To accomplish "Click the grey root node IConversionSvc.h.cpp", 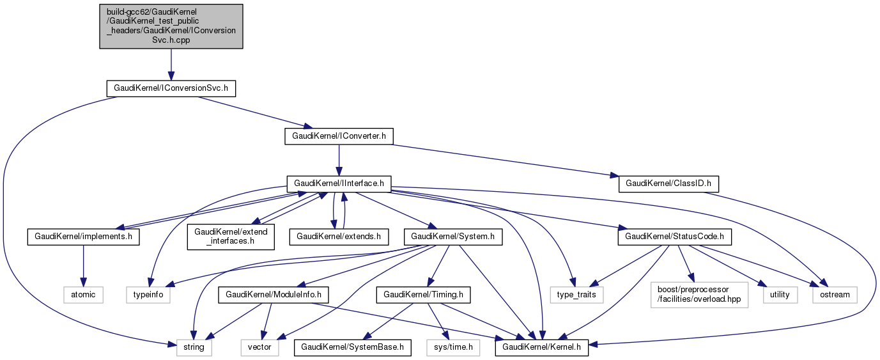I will (x=171, y=26).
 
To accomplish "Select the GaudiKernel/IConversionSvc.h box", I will (x=171, y=88).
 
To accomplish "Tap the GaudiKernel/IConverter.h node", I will (x=339, y=136).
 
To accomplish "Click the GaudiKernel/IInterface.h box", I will (x=339, y=184).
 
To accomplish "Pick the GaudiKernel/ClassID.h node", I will (x=668, y=184).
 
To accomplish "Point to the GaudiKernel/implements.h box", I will (x=82, y=237).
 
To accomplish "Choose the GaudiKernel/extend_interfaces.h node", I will (x=231, y=237).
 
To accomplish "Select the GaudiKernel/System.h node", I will (x=452, y=237).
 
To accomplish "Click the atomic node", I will (x=82, y=295).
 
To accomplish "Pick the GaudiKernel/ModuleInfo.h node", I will (x=273, y=295).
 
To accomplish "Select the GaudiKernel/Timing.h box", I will (x=423, y=295).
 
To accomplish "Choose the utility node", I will (x=780, y=295).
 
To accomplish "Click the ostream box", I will (x=835, y=295).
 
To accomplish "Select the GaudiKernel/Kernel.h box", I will (x=542, y=347).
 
